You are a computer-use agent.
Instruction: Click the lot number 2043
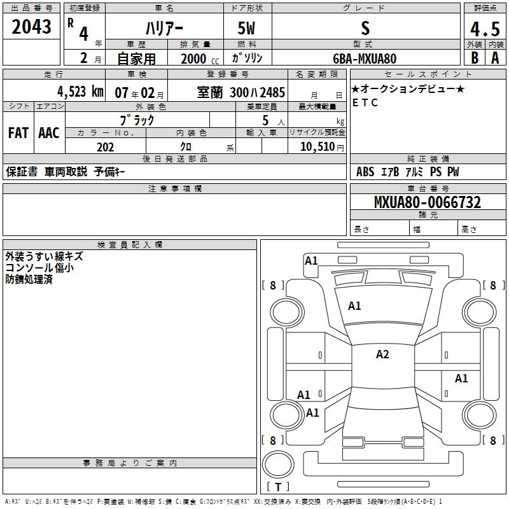[x=31, y=27]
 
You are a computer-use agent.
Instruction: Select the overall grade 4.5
[x=485, y=29]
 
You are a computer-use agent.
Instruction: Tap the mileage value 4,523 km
[x=81, y=92]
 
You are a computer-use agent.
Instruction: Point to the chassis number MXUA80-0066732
[x=428, y=202]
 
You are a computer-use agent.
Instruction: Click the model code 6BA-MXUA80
[x=365, y=59]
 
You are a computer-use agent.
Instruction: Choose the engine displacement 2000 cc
[x=200, y=59]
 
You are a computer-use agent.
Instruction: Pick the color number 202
[x=105, y=147]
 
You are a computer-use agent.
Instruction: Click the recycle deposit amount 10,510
[x=317, y=146]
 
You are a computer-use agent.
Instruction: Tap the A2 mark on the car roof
[x=382, y=354]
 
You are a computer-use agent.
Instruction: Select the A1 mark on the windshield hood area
[x=354, y=306]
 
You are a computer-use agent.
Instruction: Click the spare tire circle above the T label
[x=278, y=464]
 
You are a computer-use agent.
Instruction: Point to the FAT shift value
[x=18, y=133]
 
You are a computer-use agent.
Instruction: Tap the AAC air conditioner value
[x=49, y=133]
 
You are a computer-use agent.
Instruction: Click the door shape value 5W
[x=246, y=28]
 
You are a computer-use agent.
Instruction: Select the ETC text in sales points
[x=365, y=102]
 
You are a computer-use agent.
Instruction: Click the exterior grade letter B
[x=475, y=58]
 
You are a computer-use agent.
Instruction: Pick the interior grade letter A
[x=495, y=58]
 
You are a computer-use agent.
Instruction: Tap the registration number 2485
[x=272, y=93]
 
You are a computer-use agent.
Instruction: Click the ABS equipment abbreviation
[x=365, y=172]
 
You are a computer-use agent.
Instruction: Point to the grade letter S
[x=365, y=28]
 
